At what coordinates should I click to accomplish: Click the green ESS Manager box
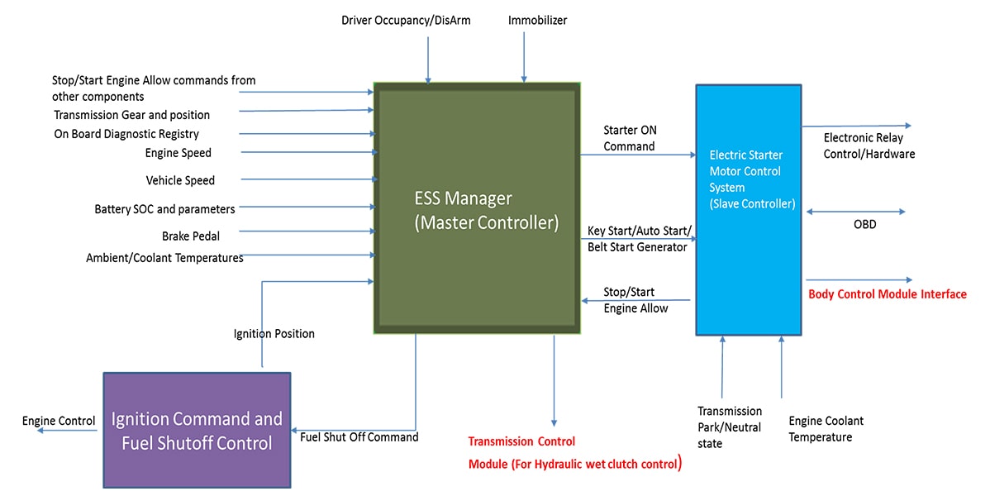tap(477, 208)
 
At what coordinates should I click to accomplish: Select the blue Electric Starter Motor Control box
tap(748, 209)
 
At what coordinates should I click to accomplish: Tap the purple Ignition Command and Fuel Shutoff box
tap(197, 430)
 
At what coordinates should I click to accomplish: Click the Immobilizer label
tap(537, 20)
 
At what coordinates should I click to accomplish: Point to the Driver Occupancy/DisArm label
tap(406, 20)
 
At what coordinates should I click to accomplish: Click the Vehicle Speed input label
tap(180, 180)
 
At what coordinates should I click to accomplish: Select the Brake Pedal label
tap(191, 236)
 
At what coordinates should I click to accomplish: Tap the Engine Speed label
tap(178, 153)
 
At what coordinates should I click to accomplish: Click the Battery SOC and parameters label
tap(164, 209)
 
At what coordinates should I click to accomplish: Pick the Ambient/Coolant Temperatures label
tap(164, 258)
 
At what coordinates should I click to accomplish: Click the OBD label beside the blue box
tap(865, 225)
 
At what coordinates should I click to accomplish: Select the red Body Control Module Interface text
tap(887, 293)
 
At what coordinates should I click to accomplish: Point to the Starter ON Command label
tap(630, 138)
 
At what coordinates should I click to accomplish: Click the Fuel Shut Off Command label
tap(359, 436)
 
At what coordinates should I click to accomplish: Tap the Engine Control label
tap(59, 421)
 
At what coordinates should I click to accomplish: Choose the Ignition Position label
tap(274, 334)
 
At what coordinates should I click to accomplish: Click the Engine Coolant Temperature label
tap(826, 428)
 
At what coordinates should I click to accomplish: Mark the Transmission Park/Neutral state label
tap(730, 427)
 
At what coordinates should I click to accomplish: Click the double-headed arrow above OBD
tap(855, 212)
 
